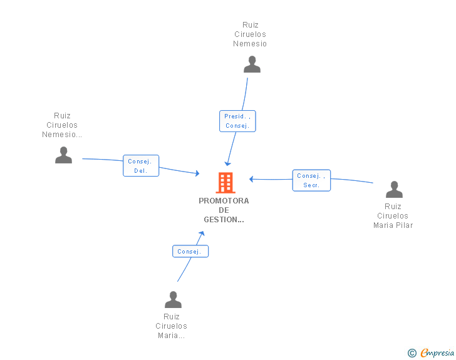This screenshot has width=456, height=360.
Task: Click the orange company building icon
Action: tap(225, 183)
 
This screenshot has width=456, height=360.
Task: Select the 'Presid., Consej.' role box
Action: tap(237, 121)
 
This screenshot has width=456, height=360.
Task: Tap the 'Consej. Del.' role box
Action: tap(141, 166)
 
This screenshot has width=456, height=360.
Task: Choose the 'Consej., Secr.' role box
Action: tap(311, 180)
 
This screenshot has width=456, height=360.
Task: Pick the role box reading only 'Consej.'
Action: tap(190, 251)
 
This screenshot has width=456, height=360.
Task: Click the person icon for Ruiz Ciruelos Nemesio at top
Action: tap(252, 64)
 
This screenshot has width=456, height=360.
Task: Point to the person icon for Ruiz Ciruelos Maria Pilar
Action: tap(394, 189)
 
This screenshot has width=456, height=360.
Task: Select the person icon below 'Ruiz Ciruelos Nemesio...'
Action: tap(63, 155)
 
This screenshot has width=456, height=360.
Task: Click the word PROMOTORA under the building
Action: tap(224, 201)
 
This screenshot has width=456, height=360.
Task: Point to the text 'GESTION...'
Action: tap(224, 220)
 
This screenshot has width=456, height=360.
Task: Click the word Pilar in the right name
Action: tap(404, 225)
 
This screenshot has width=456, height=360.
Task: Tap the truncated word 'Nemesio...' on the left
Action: tap(62, 135)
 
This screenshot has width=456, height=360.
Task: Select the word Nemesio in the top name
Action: tap(250, 44)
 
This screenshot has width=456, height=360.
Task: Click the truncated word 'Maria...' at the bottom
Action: tap(171, 336)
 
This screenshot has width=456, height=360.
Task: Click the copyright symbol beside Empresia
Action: tap(412, 353)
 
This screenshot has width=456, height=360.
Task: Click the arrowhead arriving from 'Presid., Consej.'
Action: tap(228, 164)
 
